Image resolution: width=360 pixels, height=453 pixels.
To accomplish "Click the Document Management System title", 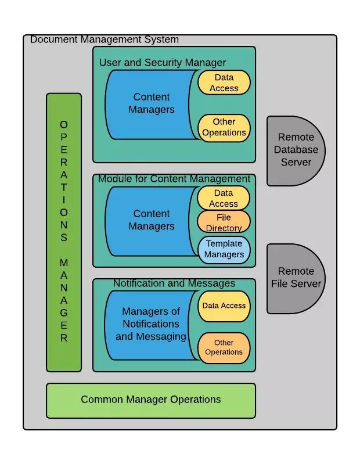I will tap(105, 39).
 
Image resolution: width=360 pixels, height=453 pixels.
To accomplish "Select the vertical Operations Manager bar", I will tap(64, 232).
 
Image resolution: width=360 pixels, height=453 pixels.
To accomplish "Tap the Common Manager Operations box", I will tap(151, 400).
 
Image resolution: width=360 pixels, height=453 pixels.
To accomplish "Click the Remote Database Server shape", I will tap(295, 150).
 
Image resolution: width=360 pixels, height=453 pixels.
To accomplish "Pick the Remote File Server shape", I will tap(295, 278).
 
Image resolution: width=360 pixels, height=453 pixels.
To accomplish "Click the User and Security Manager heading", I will tap(163, 62).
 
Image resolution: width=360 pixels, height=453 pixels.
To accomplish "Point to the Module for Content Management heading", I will tap(174, 179).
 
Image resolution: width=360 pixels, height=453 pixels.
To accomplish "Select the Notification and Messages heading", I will tap(174, 283).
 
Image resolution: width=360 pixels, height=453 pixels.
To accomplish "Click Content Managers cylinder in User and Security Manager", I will tap(151, 103).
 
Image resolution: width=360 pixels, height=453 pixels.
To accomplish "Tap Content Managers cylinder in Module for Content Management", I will tap(151, 220).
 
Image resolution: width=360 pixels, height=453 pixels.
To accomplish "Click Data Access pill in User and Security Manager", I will tap(224, 82).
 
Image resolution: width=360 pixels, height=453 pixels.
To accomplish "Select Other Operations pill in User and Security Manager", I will tap(224, 127).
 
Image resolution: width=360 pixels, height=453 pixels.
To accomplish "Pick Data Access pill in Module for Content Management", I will tap(224, 198).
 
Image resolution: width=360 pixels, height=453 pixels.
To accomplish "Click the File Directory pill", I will tap(224, 222).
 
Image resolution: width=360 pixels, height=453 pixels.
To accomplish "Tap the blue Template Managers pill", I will tap(224, 249).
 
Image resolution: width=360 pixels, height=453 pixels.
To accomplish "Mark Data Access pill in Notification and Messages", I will tap(224, 306).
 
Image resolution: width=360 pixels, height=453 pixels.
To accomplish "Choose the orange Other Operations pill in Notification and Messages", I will tap(224, 347).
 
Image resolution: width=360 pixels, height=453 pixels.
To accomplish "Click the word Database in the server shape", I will tap(296, 150).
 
